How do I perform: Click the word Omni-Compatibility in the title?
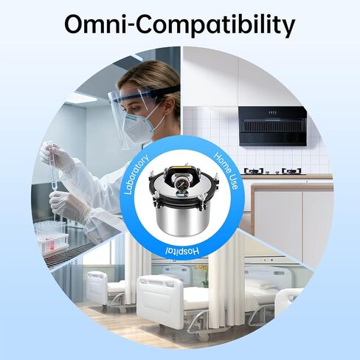point(179,24)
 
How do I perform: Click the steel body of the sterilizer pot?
point(181,221)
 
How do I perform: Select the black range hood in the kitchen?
point(274,125)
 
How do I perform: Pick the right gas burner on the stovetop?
point(291,171)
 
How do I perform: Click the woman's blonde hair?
point(159,77)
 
